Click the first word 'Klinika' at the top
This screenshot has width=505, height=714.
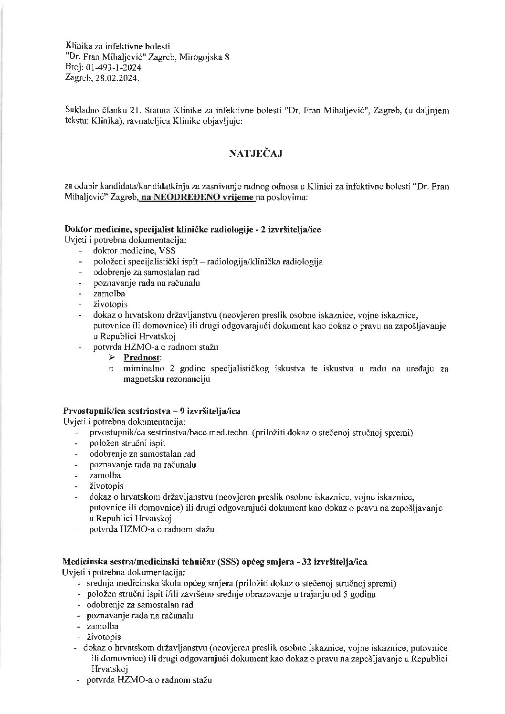point(77,46)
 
